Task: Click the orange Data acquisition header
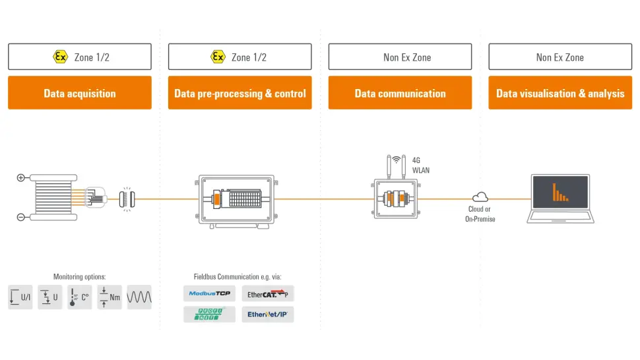point(80,93)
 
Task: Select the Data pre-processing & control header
point(240,93)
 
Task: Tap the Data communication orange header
point(400,93)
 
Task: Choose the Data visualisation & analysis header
point(560,93)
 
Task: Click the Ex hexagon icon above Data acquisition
point(60,57)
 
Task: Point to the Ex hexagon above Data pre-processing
point(218,57)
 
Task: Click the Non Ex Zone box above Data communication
point(400,57)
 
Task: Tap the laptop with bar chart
point(560,198)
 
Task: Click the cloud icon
point(480,196)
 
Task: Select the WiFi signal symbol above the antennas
point(397,160)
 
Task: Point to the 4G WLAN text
point(421,164)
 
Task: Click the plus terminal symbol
point(20,177)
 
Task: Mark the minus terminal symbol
point(20,218)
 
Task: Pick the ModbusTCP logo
point(209,293)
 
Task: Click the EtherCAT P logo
point(268,294)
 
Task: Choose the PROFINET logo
point(209,314)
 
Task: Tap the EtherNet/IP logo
point(268,315)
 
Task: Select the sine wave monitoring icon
point(139,297)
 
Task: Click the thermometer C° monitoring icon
point(80,297)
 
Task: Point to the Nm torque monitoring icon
point(110,297)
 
